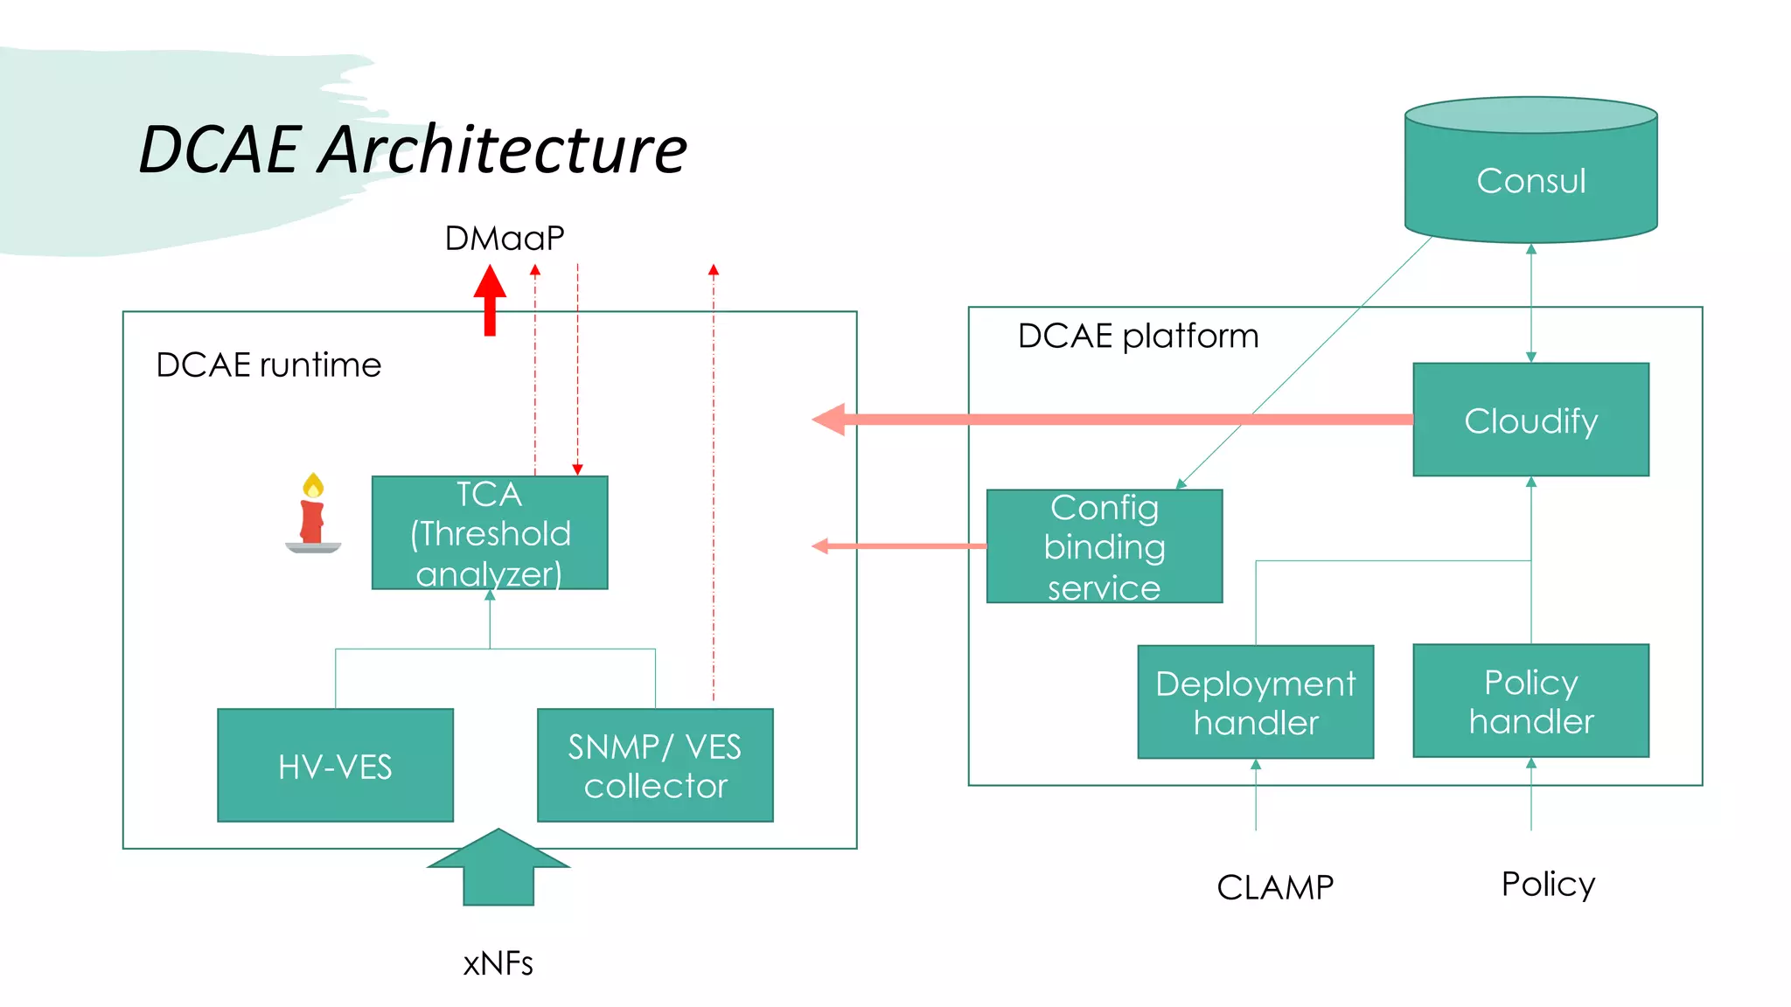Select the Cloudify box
(1530, 420)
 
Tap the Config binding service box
(1104, 546)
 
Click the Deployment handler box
(1255, 702)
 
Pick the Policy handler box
(1530, 701)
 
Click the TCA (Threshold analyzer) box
(490, 533)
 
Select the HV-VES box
(335, 766)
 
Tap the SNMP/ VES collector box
(655, 766)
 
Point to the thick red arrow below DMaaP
(490, 302)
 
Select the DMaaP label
(505, 238)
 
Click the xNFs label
(498, 963)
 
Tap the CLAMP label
(1275, 887)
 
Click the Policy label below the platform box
(1548, 884)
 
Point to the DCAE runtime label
(268, 365)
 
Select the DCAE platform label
(1138, 336)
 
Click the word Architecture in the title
(503, 149)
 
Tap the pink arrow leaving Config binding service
(901, 546)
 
